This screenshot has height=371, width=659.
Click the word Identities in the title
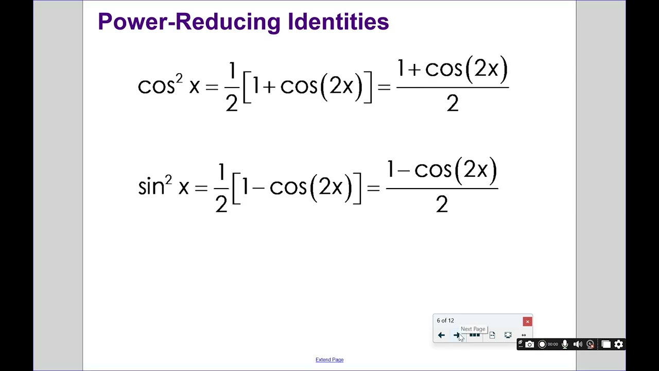click(338, 22)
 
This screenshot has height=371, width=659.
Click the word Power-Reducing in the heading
click(189, 22)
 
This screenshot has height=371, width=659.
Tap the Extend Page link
click(329, 360)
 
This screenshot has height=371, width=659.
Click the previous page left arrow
click(441, 335)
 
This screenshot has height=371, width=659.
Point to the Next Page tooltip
click(473, 329)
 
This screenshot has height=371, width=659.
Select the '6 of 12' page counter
click(445, 321)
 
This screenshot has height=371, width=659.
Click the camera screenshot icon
click(530, 344)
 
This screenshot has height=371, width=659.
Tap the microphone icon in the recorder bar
click(565, 344)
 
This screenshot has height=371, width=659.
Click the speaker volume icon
click(578, 344)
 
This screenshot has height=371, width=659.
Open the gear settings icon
click(619, 344)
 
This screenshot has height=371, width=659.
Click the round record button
click(542, 344)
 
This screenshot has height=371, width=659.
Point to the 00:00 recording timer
click(553, 344)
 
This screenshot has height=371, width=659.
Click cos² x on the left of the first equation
click(168, 85)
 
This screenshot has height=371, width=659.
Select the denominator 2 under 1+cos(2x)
click(452, 104)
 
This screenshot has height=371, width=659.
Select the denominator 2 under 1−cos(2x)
click(442, 205)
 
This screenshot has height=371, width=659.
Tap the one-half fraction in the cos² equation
click(232, 87)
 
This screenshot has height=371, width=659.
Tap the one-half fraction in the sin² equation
click(221, 188)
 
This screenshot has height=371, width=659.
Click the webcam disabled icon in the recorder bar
click(591, 344)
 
